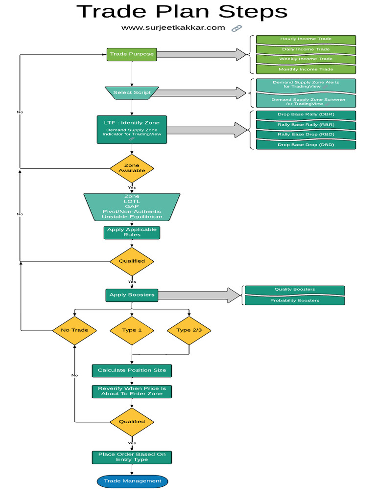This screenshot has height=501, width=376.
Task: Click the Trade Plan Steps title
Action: [182, 12]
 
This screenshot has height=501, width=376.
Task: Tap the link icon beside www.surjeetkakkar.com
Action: [236, 28]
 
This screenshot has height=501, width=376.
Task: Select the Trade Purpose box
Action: [132, 54]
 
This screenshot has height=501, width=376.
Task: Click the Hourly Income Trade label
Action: [305, 39]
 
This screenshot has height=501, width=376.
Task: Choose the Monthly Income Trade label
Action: [305, 69]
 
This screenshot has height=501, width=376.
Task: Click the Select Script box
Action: [132, 92]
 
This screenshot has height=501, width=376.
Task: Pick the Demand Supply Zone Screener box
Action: [305, 101]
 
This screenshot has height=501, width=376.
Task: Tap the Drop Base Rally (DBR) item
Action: [305, 114]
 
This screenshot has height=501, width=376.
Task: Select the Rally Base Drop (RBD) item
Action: [305, 135]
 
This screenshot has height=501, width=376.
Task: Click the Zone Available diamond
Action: [132, 168]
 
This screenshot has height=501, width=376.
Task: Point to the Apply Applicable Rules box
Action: [132, 232]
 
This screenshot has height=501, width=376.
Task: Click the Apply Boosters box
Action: [132, 295]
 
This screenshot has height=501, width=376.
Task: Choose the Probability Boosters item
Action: [295, 300]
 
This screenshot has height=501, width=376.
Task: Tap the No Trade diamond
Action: [74, 330]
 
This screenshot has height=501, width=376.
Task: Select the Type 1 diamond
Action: [132, 330]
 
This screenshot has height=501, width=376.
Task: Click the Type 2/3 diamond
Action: [189, 330]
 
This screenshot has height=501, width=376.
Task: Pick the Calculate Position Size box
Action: [132, 370]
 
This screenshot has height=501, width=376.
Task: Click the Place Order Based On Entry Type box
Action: [132, 457]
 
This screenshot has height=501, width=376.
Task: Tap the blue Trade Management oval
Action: [132, 481]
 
